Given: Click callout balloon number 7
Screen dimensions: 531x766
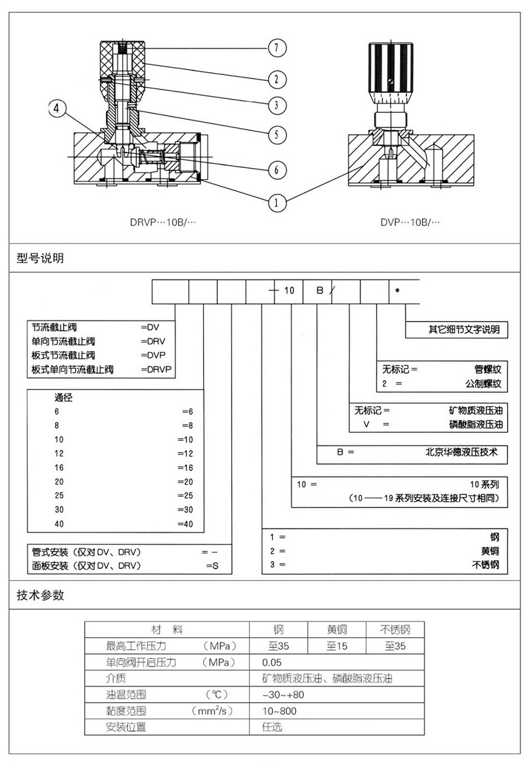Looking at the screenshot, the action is [277, 48].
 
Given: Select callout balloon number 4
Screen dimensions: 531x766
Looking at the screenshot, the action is [56, 108].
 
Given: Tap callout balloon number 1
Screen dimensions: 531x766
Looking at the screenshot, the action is [277, 202].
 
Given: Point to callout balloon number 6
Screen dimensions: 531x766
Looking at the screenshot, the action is [277, 169].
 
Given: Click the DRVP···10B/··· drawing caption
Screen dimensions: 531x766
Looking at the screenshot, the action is [163, 222].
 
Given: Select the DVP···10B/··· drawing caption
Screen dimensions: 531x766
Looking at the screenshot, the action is [410, 222].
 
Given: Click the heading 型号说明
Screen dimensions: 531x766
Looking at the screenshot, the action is [40, 258].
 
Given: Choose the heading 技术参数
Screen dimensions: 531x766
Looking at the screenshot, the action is [40, 595].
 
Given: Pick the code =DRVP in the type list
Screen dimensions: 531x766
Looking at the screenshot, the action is [157, 369].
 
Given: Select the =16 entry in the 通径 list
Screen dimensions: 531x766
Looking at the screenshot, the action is [185, 467].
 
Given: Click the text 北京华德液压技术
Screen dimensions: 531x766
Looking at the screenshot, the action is [461, 452].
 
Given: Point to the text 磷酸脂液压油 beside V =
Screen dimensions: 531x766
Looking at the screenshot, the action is [476, 424].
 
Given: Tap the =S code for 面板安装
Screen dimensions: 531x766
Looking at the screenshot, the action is [212, 566].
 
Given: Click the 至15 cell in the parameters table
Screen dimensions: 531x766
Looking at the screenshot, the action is [337, 646].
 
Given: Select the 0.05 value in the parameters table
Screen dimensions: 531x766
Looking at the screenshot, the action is [272, 662].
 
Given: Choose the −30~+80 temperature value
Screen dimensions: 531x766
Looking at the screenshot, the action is [283, 695].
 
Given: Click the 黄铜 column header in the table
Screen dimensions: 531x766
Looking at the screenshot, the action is [337, 629].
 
